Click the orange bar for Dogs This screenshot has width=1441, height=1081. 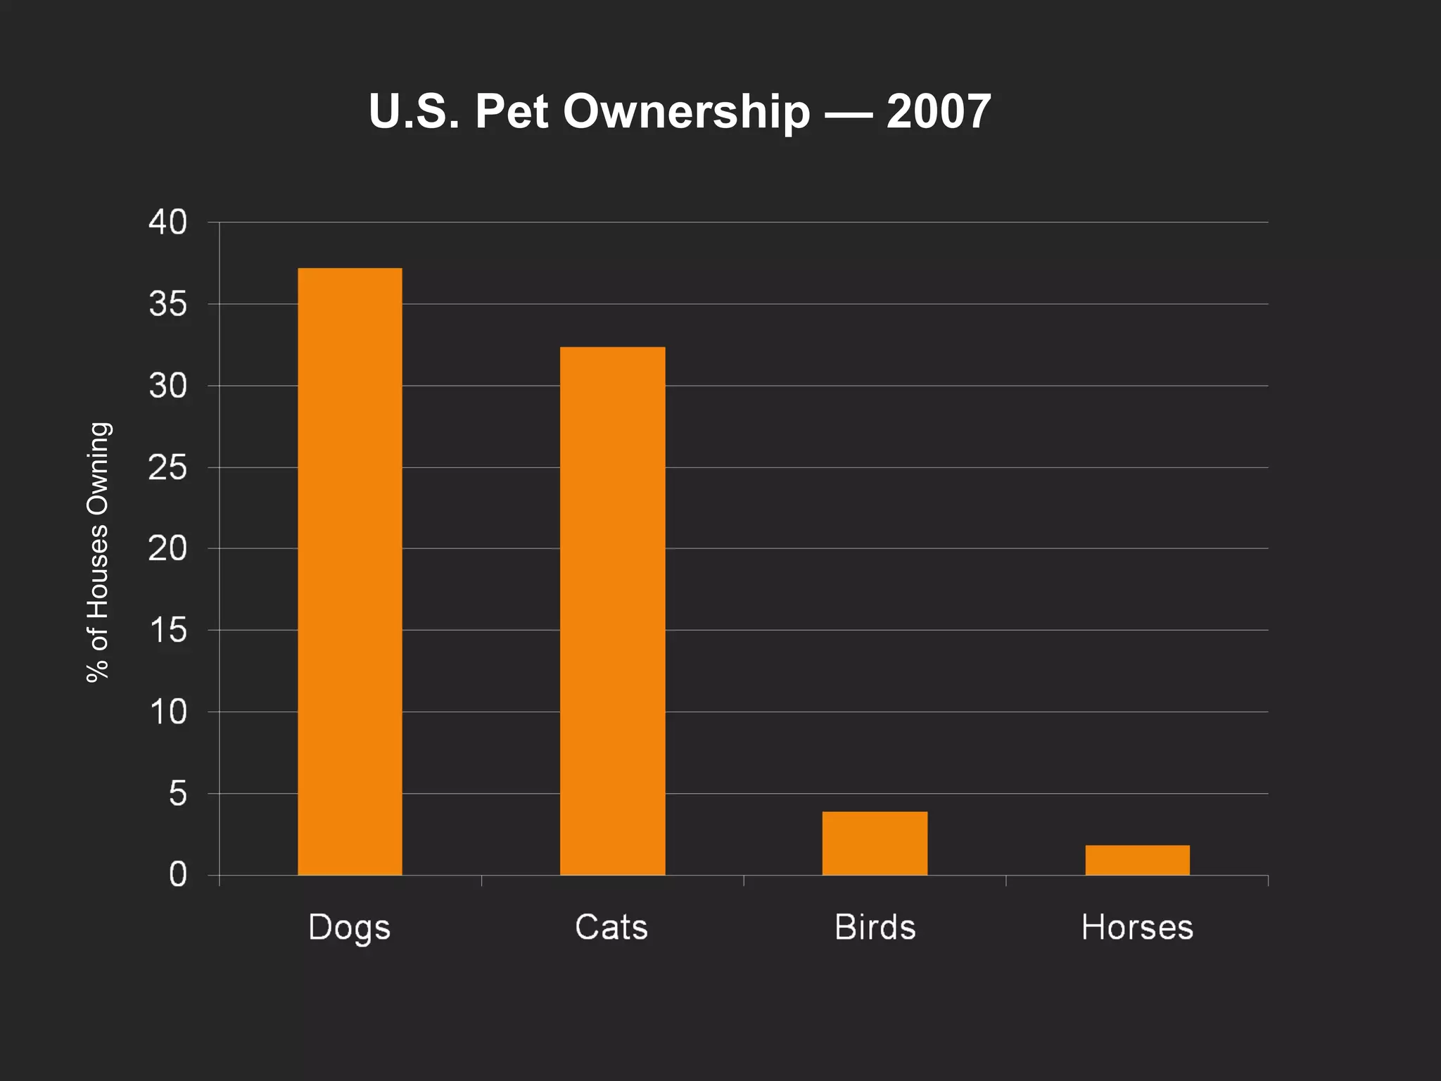click(x=350, y=571)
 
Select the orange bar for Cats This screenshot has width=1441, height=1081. click(x=612, y=611)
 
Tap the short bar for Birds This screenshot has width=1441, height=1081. click(x=875, y=843)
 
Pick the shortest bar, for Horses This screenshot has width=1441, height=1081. click(x=1137, y=860)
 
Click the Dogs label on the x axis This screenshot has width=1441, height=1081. click(x=349, y=928)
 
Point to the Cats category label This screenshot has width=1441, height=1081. click(x=611, y=927)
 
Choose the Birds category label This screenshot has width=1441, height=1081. click(x=875, y=927)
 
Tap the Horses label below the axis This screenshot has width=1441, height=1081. click(x=1137, y=927)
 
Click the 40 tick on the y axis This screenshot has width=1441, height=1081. click(x=168, y=222)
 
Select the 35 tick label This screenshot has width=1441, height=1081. click(x=168, y=304)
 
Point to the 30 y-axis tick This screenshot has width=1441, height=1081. click(x=168, y=386)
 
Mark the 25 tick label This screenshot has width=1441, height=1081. click(x=168, y=467)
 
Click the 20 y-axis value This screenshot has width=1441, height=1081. click(x=168, y=548)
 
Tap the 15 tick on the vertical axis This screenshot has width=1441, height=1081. click(x=168, y=630)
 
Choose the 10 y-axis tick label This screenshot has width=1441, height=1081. click(x=168, y=712)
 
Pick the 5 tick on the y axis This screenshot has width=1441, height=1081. click(x=178, y=793)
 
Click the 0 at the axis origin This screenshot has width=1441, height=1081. click(x=178, y=875)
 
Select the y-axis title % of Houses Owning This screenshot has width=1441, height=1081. click(x=98, y=552)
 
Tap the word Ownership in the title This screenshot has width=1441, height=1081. click(x=686, y=113)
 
